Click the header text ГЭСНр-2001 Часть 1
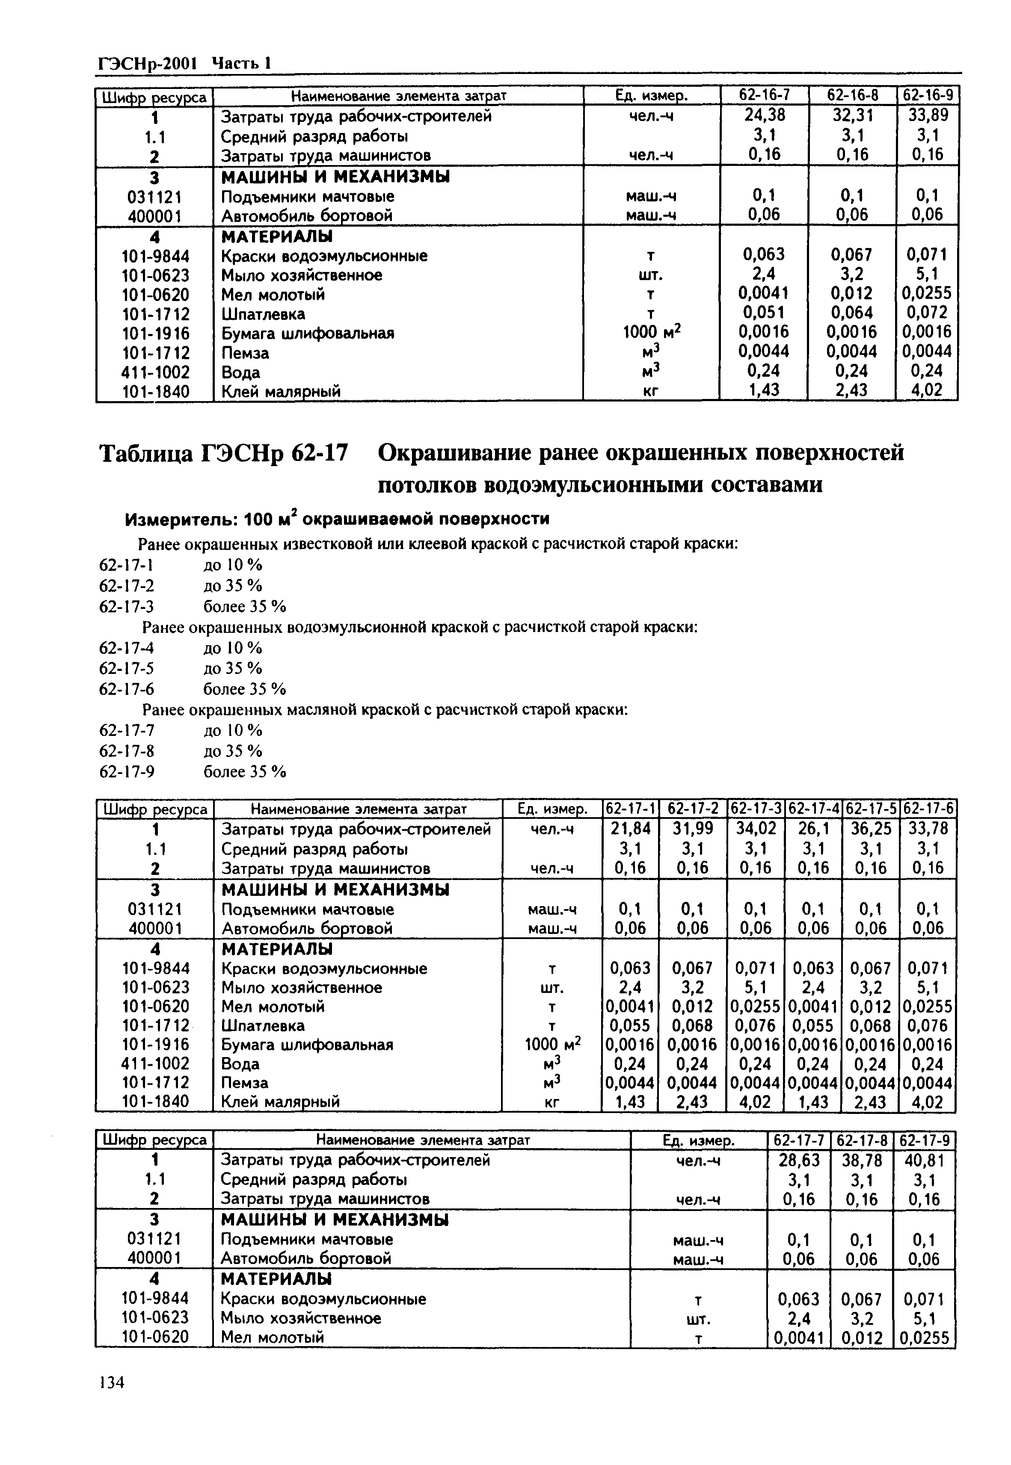pyautogui.click(x=184, y=63)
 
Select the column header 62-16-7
pyautogui.click(x=765, y=96)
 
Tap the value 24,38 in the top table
pyautogui.click(x=764, y=116)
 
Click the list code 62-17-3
pyautogui.click(x=127, y=606)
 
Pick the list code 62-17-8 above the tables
pyautogui.click(x=127, y=751)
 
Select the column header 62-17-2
pyautogui.click(x=693, y=809)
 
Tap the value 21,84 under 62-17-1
pyautogui.click(x=630, y=829)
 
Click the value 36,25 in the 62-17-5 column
pyautogui.click(x=871, y=829)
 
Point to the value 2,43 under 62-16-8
pyautogui.click(x=851, y=391)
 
